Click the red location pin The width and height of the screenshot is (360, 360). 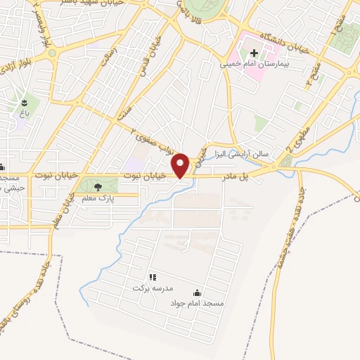click(x=181, y=166)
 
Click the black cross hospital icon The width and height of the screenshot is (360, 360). click(x=254, y=53)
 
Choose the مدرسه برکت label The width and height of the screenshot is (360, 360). click(x=151, y=288)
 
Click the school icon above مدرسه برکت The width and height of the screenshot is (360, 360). click(x=152, y=277)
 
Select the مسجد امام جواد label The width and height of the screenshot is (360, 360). click(x=196, y=304)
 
